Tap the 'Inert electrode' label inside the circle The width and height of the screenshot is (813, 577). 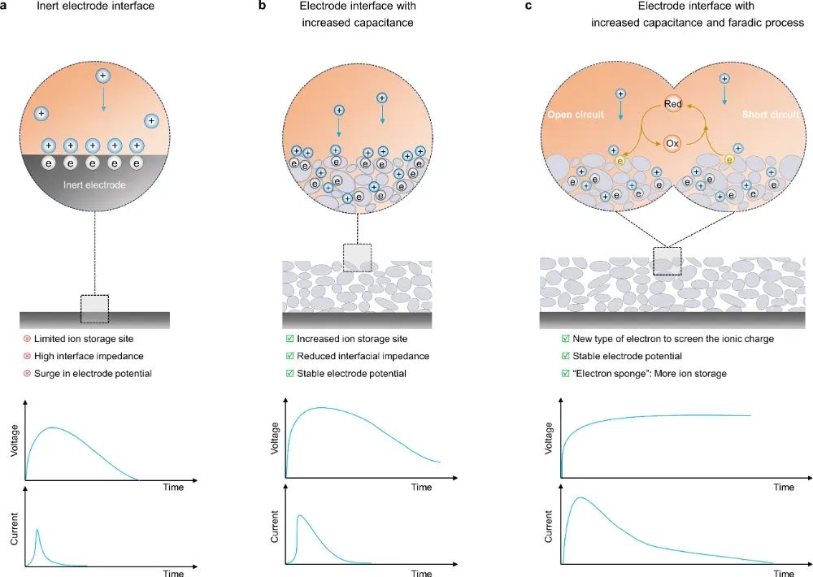coord(95,185)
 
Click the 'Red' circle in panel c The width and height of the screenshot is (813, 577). coord(672,105)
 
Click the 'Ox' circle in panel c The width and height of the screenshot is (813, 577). coord(672,142)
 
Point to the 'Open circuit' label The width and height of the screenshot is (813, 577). coord(576,115)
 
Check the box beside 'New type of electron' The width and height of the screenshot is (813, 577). coord(565,338)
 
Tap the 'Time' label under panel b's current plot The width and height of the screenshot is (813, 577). coord(421,573)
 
